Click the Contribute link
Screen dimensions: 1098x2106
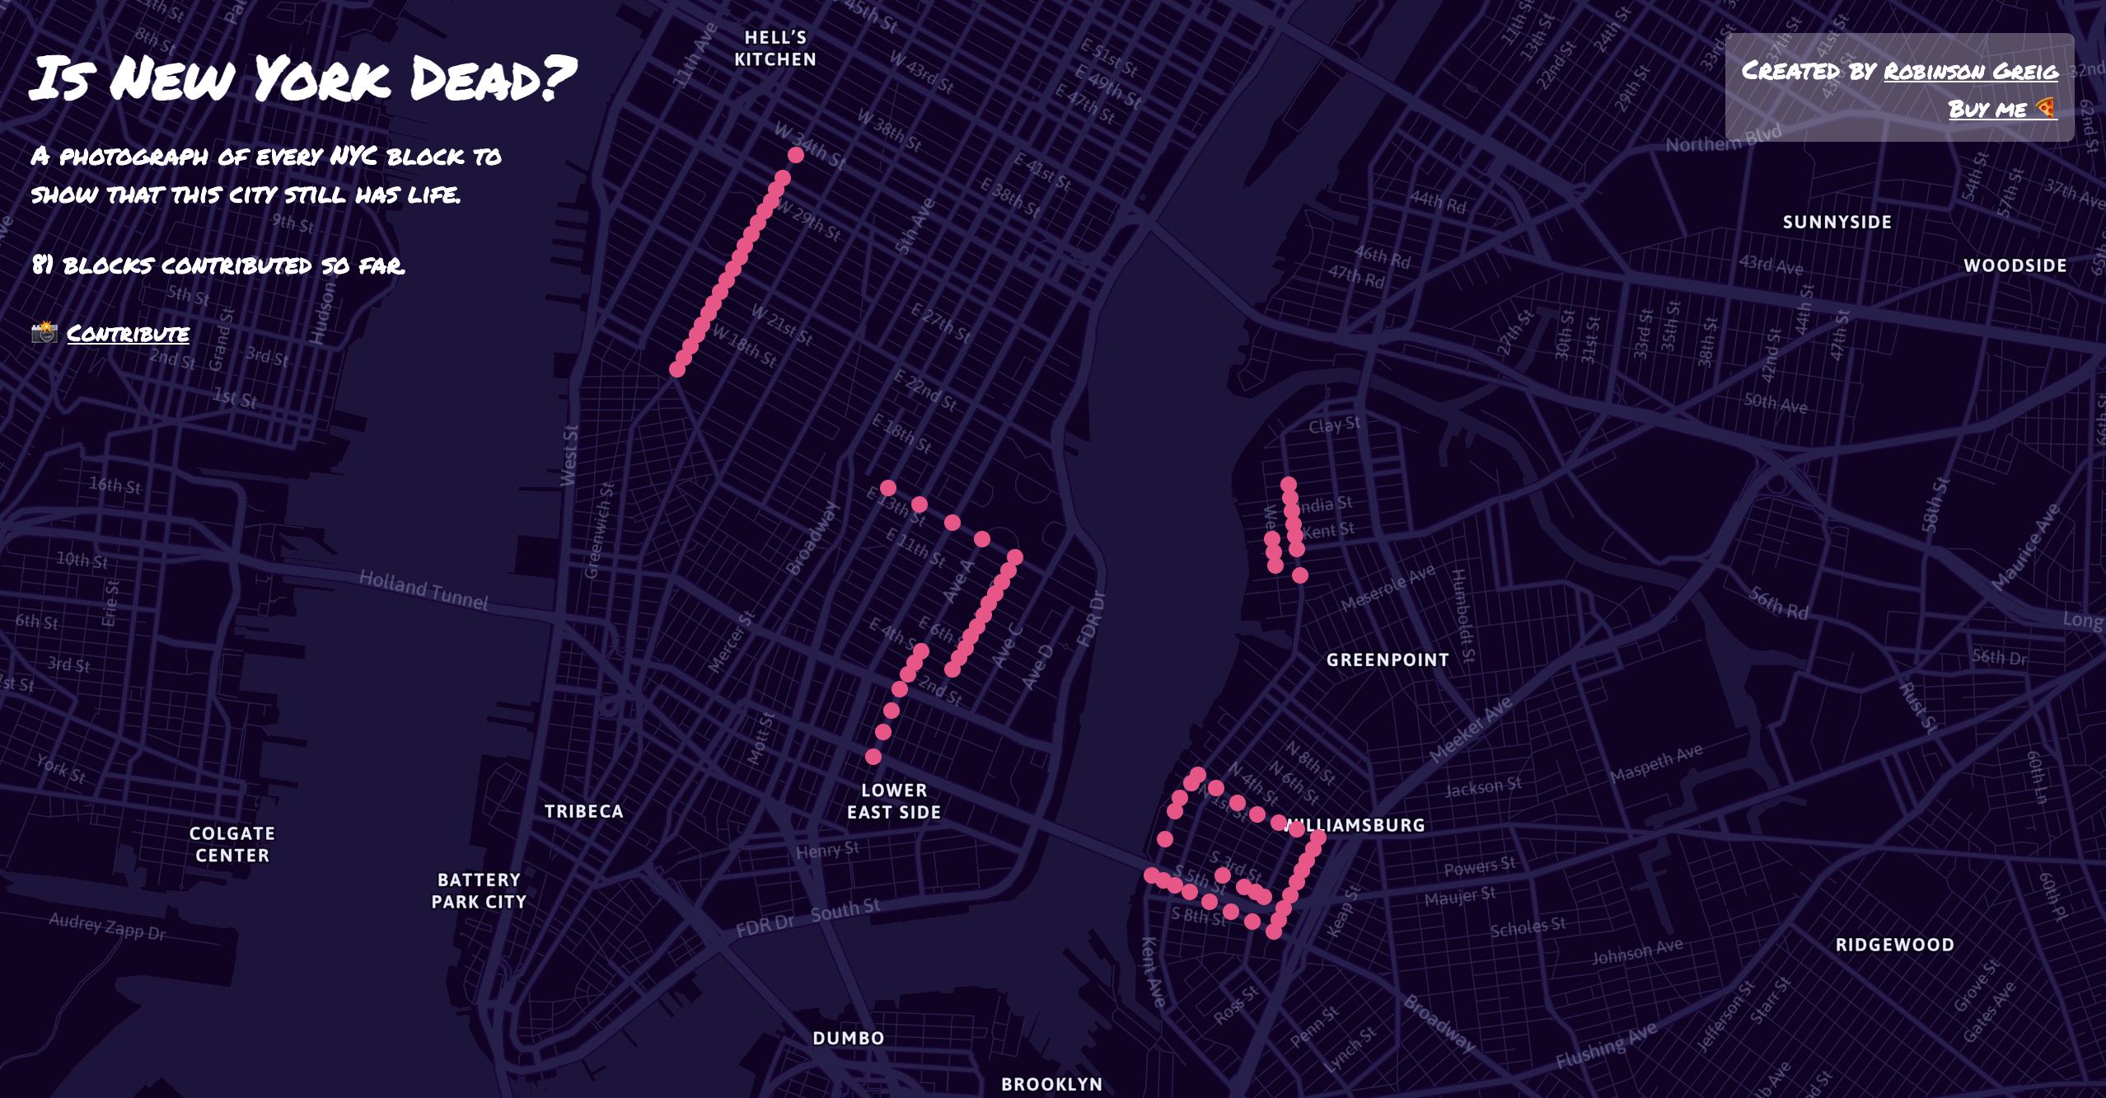coord(128,333)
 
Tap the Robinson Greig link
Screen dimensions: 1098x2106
coord(1970,71)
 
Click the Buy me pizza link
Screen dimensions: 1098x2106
coord(2001,109)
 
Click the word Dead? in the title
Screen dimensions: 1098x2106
coord(492,79)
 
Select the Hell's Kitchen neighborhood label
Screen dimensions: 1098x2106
coord(775,49)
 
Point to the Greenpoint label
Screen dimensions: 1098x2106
coord(1388,659)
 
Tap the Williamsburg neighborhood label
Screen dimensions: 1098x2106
coord(1360,825)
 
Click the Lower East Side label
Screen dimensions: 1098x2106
coord(894,801)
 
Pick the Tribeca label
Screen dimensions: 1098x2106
coord(583,811)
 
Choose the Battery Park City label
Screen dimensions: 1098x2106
coord(479,891)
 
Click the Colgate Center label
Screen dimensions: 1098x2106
coord(232,844)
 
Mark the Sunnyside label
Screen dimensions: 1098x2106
coord(1837,222)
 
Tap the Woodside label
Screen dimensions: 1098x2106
coord(2015,265)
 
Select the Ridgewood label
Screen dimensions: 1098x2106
coord(1894,945)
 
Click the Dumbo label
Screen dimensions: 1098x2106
coord(849,1038)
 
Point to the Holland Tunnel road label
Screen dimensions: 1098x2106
coord(424,590)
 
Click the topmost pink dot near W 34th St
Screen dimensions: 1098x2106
coord(795,155)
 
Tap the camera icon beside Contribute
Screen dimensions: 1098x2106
coord(44,332)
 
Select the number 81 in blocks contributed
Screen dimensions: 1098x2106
coord(42,265)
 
